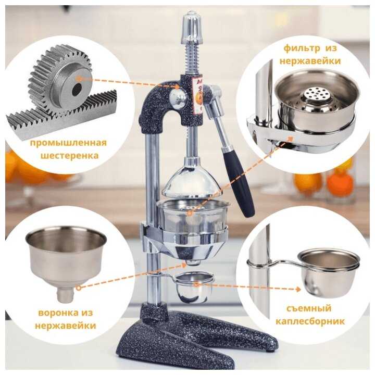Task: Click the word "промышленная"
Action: [x=68, y=144]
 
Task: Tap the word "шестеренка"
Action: [x=69, y=156]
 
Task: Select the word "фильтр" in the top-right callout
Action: [x=302, y=48]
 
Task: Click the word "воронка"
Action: [x=56, y=313]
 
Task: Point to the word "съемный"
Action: [x=309, y=308]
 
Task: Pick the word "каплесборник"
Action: [x=310, y=321]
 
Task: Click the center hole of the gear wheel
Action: [x=77, y=90]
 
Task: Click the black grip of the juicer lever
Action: [x=238, y=181]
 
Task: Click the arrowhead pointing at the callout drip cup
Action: [x=298, y=290]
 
